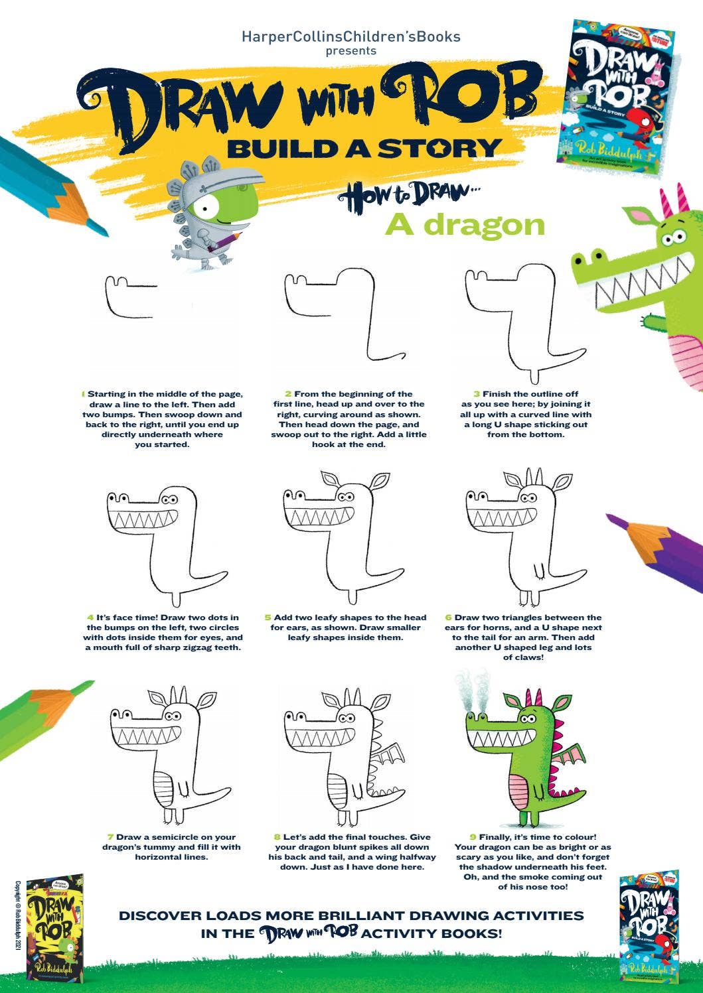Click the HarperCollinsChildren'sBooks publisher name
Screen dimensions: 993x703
click(351, 36)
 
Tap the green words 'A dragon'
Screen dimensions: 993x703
click(465, 226)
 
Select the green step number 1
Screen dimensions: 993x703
click(83, 394)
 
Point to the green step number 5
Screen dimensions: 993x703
click(268, 618)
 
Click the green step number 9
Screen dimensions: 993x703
click(473, 837)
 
